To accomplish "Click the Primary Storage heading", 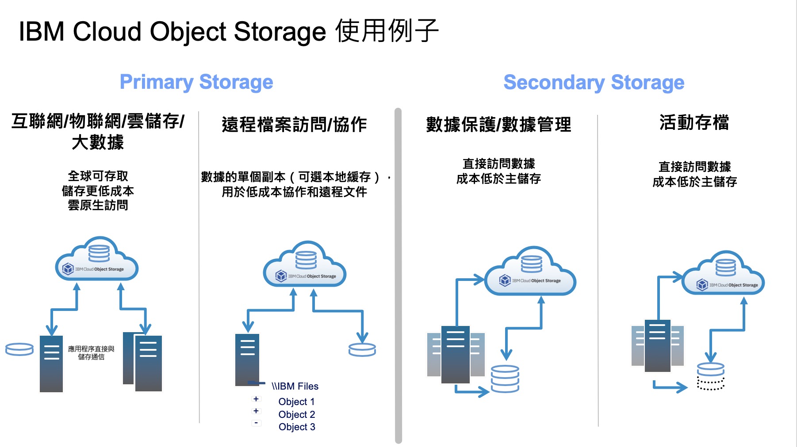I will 196,82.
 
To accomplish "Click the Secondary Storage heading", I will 594,83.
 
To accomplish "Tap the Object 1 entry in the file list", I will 296,402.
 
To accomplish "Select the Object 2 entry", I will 296,414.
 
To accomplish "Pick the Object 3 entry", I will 296,427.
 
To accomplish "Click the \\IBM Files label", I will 295,386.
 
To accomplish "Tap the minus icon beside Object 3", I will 256,423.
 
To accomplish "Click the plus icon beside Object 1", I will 256,399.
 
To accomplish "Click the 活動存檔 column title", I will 694,122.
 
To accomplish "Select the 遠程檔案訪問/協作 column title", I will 294,125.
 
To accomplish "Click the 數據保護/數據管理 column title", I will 498,125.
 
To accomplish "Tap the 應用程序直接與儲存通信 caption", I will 91,352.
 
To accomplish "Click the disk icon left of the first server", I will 19,349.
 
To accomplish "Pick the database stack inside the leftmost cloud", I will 99,253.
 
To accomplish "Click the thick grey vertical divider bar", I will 398,274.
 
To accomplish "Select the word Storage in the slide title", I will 280,32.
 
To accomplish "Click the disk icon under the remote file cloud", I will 362,350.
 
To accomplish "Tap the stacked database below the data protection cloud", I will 505,379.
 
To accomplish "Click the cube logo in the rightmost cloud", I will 702,285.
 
